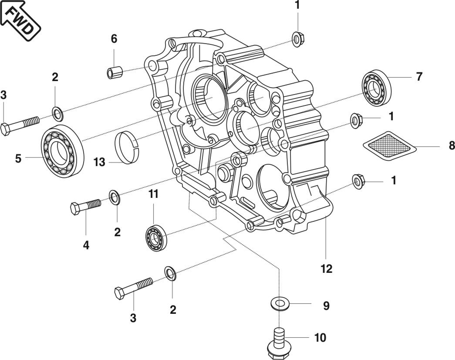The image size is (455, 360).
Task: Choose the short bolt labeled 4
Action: pyautogui.click(x=85, y=206)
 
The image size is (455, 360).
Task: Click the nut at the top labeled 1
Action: pyautogui.click(x=297, y=39)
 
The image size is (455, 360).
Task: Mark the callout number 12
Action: pyautogui.click(x=326, y=269)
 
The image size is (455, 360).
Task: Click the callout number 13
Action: pyautogui.click(x=99, y=162)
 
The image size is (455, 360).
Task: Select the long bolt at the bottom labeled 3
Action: pyautogui.click(x=133, y=288)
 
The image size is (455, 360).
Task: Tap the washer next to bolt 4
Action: pyautogui.click(x=114, y=197)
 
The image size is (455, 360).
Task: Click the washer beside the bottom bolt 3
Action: pyautogui.click(x=170, y=273)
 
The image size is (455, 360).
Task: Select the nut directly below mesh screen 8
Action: pyautogui.click(x=357, y=181)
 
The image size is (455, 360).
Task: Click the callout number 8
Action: pyautogui.click(x=451, y=146)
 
